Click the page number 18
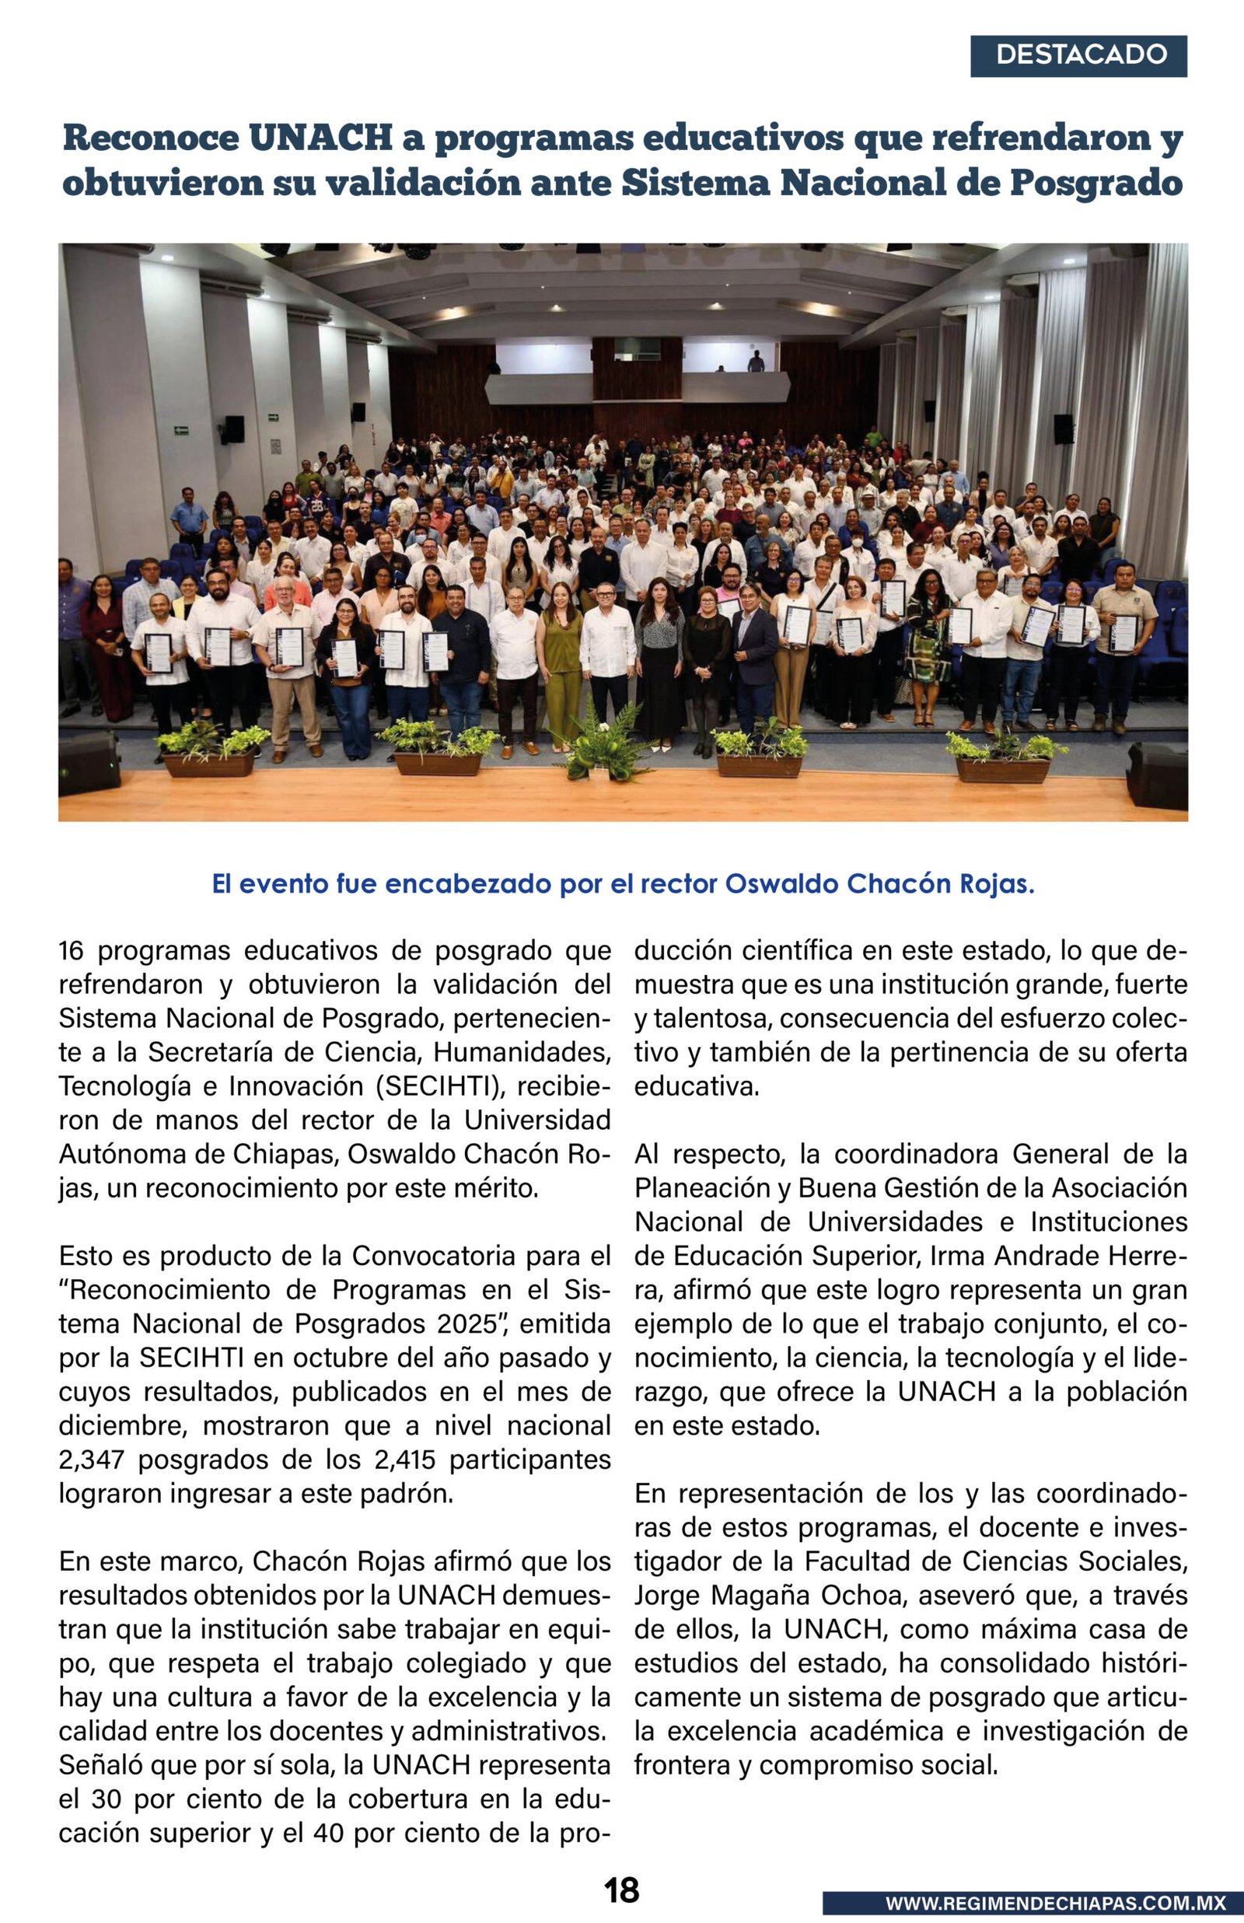621,1890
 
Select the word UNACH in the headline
320,138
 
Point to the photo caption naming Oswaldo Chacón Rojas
623,883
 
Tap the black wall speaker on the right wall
1063,429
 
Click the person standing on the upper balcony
755,361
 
